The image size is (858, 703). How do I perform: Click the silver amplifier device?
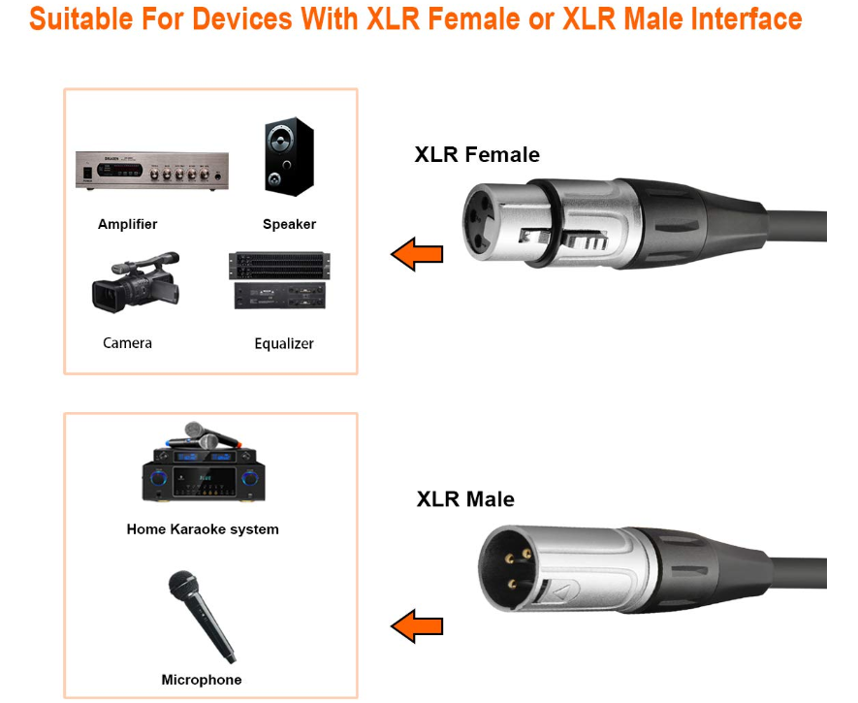coord(152,170)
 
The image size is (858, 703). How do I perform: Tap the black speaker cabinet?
coord(290,156)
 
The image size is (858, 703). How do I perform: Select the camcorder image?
coord(136,282)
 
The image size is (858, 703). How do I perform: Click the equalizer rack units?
coord(279,280)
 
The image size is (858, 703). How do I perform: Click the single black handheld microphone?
coord(202,617)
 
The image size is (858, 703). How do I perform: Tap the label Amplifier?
coord(128,224)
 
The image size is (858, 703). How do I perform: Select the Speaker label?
coord(290,224)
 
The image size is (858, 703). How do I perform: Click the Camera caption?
coord(128,343)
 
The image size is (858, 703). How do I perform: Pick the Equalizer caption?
coord(284,343)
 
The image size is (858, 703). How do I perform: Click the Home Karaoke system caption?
coord(203,529)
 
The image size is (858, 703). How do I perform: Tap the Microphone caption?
coord(202,680)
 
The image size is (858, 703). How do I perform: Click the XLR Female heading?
coord(477,154)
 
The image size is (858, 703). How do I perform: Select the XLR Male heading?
coord(465,499)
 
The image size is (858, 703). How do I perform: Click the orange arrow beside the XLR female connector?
coord(417,254)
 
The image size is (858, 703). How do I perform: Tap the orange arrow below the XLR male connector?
coord(417,625)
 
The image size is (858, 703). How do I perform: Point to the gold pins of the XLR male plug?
coord(517,569)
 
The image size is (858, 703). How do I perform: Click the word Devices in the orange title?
coord(242,18)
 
